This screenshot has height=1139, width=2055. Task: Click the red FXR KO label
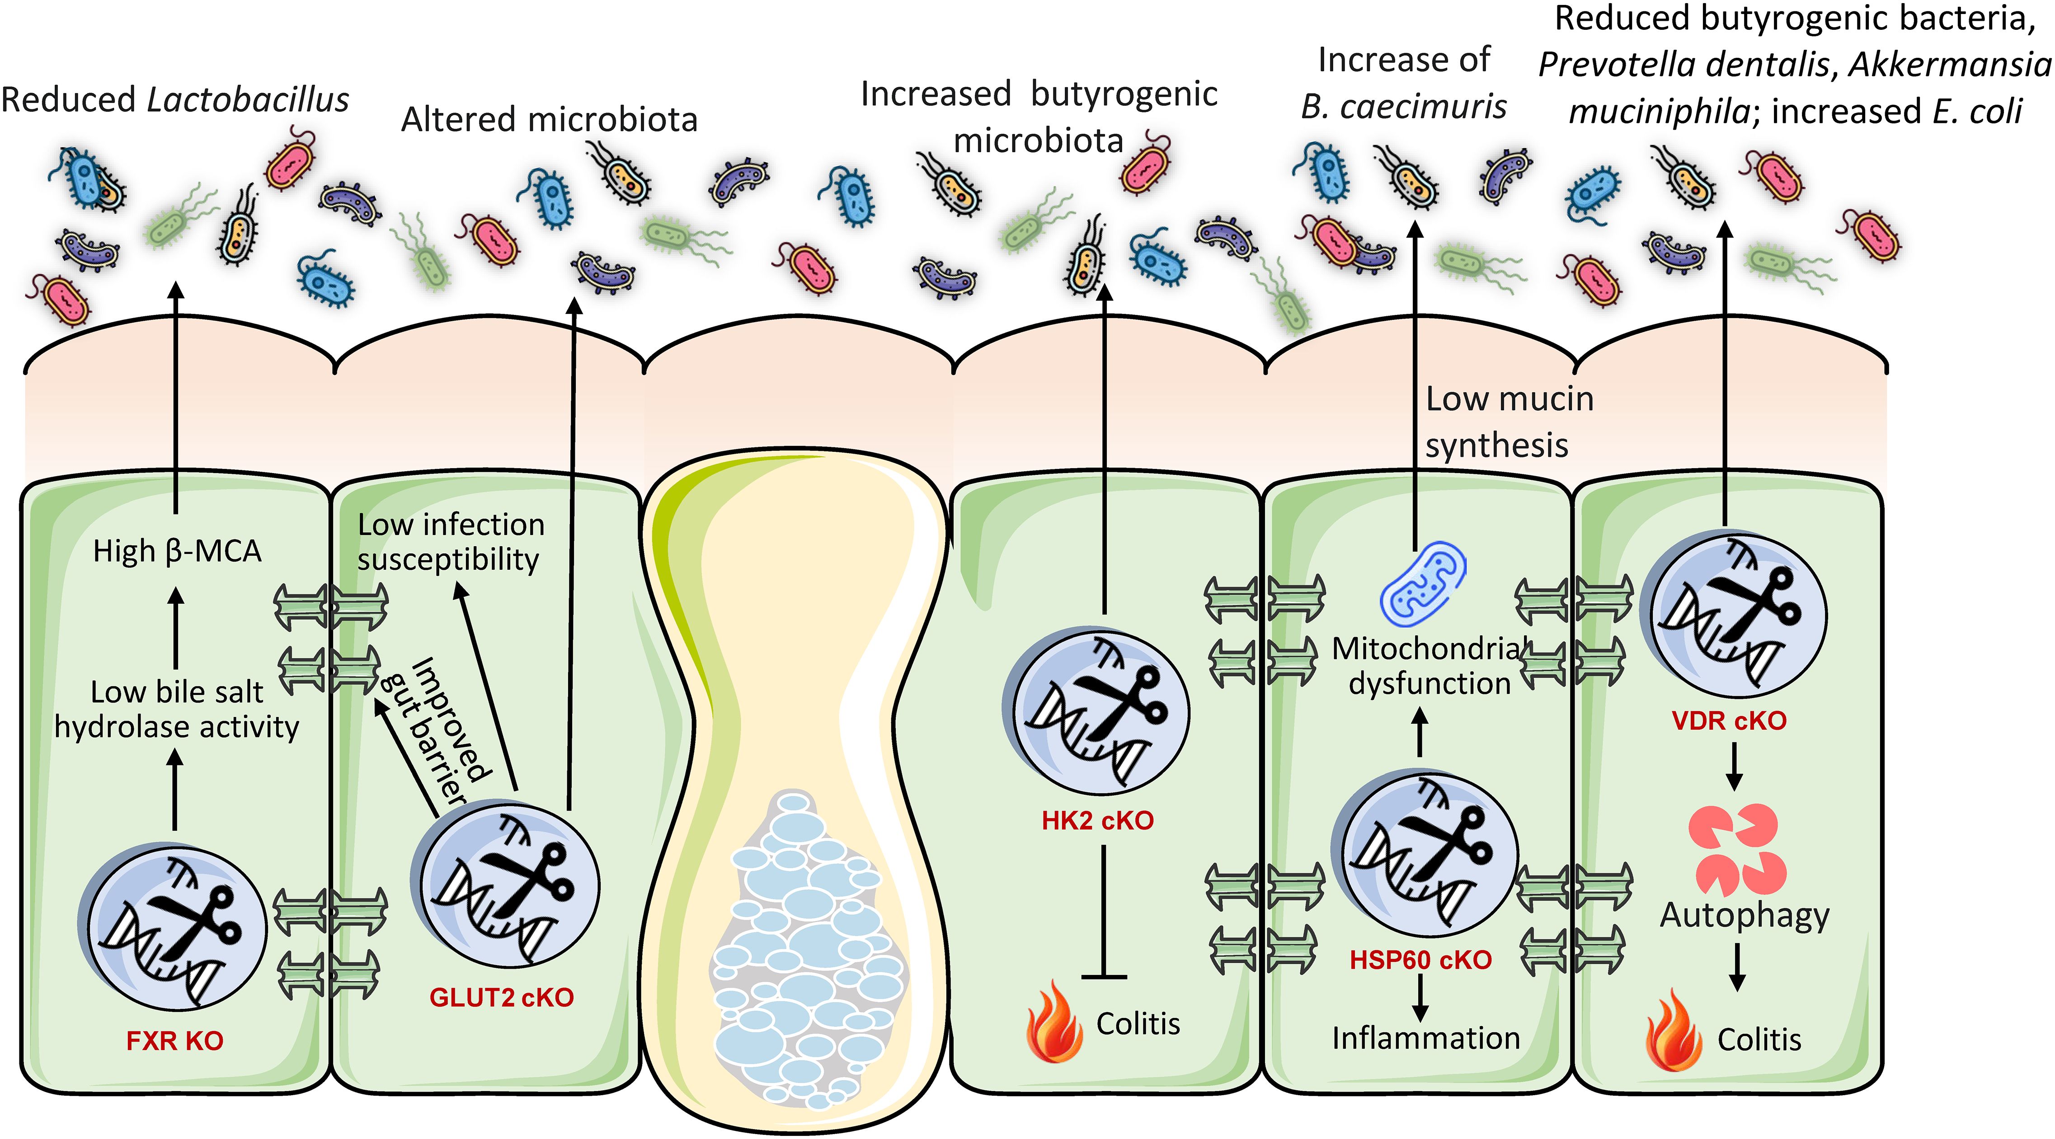175,1041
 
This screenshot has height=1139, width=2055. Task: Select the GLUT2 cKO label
502,997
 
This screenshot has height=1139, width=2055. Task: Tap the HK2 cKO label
1098,821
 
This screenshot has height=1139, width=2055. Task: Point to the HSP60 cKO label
1420,960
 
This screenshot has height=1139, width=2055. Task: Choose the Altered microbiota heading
549,120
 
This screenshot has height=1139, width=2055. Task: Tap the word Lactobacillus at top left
248,100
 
